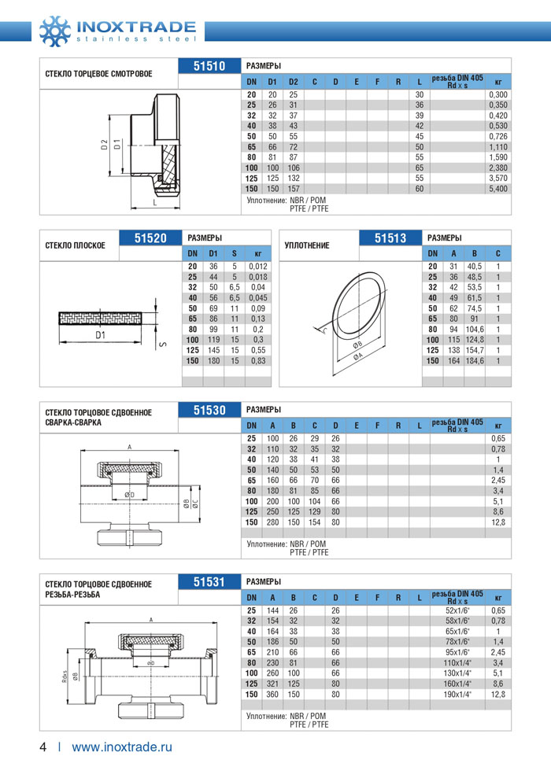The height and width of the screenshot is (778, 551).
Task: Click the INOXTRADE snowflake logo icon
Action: pos(54,29)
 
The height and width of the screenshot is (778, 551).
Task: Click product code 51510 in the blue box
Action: pos(209,67)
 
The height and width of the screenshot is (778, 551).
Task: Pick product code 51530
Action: pos(209,410)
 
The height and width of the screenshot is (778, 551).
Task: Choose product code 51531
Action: pos(209,582)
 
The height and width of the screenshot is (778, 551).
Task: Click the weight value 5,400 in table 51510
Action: pos(497,190)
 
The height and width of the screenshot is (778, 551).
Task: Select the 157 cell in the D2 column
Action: pos(293,190)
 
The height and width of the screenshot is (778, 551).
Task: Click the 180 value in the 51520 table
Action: pos(213,360)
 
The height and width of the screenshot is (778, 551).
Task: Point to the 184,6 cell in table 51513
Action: pos(475,360)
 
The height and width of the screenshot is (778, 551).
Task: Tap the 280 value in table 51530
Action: pos(272,522)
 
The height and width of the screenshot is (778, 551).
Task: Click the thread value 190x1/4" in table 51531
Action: pos(457,695)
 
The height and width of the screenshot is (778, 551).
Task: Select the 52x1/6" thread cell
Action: pos(457,610)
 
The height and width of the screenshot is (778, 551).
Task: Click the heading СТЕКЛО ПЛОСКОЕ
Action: pos(76,245)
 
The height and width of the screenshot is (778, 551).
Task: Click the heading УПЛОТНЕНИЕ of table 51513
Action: pos(307,245)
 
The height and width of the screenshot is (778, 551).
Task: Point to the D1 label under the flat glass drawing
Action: pos(100,336)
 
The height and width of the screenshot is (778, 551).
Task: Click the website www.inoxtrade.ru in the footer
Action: pos(122,747)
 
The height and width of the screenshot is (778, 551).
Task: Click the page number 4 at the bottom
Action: pos(44,747)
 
